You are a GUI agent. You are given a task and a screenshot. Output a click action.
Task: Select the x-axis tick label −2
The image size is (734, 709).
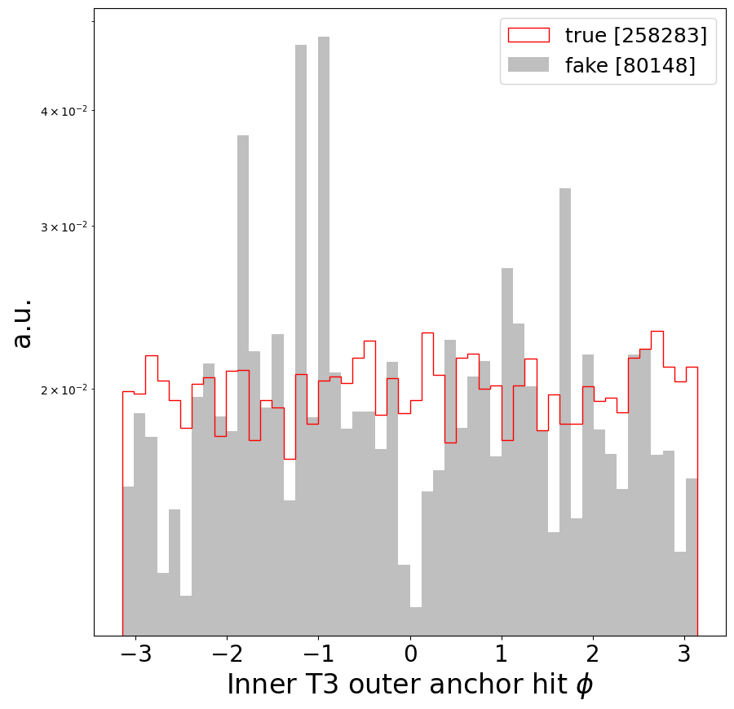225,655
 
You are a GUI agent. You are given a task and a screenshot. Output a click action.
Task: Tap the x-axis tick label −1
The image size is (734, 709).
316,655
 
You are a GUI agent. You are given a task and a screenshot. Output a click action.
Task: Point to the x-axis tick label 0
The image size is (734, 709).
410,655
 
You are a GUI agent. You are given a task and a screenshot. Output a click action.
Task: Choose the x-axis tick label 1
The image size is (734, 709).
502,655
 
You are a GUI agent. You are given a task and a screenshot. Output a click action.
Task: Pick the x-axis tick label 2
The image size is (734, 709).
593,655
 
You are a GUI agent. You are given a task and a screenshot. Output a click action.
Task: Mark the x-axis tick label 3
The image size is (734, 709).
684,655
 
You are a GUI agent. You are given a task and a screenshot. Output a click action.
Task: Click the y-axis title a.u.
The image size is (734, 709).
23,323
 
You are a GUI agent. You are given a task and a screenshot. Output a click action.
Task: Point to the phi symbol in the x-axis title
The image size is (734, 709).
584,685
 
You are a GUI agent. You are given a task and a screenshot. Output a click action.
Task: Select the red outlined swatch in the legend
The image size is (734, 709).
528,35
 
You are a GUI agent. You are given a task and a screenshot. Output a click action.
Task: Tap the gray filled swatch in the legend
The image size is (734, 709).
528,65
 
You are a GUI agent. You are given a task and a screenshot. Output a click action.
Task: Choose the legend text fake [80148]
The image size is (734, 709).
630,65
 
